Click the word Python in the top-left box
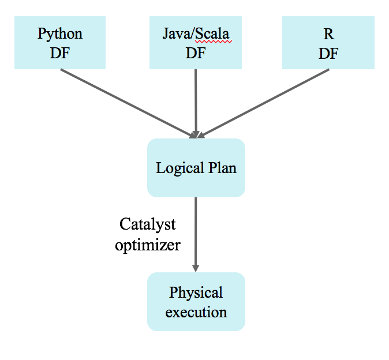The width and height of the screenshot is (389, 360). point(60,33)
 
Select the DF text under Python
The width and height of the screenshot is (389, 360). point(60,53)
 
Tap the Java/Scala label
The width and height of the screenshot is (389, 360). point(196,33)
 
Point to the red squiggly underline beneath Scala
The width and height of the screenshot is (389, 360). point(213,42)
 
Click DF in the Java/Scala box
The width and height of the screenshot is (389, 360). point(196,53)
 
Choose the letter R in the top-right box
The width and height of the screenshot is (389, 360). point(328,33)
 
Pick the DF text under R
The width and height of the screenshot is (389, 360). point(328,53)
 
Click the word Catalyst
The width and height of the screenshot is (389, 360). point(147,224)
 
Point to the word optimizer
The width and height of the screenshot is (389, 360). point(148,245)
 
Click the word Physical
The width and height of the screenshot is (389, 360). point(196,292)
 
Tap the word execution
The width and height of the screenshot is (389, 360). point(196,313)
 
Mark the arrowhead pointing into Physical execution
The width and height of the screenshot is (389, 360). point(196,268)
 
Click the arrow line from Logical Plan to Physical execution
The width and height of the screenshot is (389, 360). point(196,231)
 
